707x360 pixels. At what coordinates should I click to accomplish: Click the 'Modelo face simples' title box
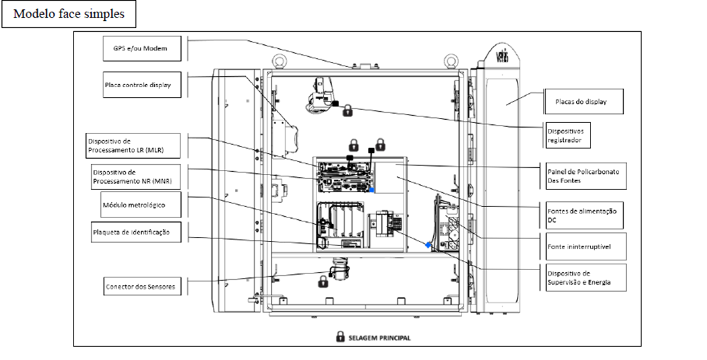69,14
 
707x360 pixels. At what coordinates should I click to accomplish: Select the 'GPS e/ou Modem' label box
142,48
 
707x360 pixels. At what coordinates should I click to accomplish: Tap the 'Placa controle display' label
142,85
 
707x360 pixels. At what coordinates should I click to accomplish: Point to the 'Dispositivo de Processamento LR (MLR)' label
133,145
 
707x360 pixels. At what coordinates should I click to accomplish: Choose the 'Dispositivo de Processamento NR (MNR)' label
135,176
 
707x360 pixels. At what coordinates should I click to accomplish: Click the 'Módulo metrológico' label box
142,204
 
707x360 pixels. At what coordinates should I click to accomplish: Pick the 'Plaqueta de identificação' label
136,232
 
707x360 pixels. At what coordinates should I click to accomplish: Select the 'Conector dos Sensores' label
143,286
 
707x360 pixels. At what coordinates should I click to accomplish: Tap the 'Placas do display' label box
583,102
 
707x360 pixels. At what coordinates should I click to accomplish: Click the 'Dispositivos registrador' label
568,135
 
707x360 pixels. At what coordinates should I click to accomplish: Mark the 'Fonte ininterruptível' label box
586,246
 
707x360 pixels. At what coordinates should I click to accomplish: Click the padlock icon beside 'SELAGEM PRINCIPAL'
340,337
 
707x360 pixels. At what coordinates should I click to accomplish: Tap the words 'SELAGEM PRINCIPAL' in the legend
380,337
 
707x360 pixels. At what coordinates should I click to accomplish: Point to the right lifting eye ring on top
451,61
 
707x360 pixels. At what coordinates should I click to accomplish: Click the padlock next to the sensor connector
323,281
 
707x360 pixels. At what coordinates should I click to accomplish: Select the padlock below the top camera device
347,111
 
